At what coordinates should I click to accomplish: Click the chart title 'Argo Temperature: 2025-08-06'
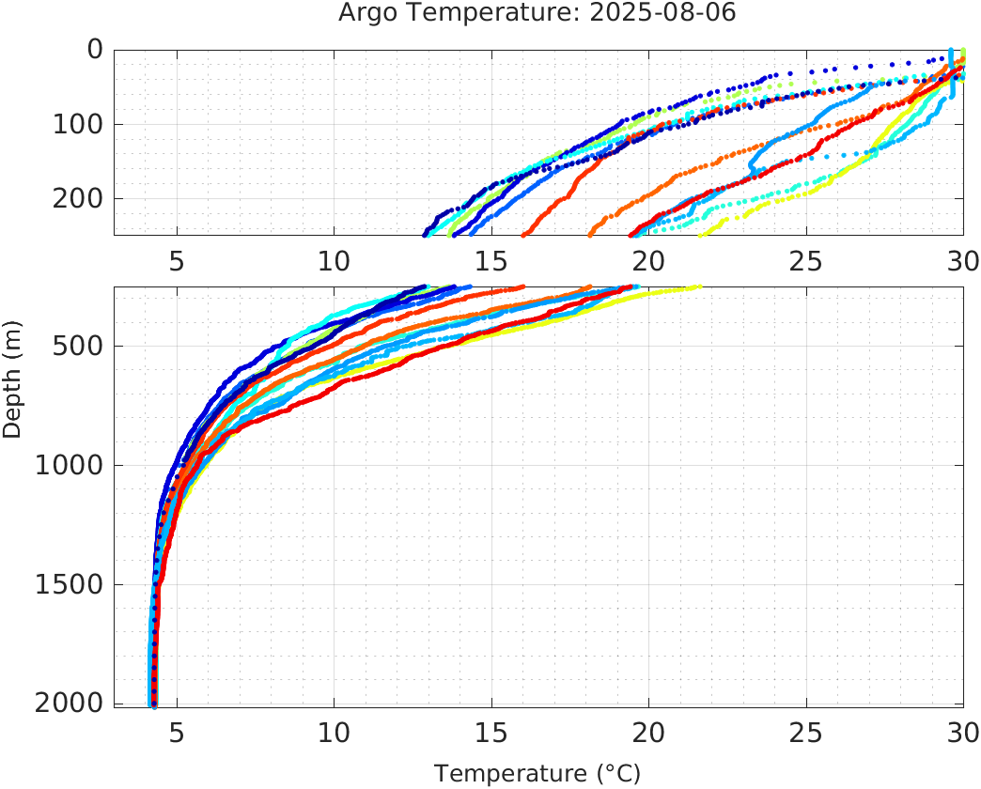(537, 14)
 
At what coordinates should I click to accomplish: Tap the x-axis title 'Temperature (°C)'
(537, 773)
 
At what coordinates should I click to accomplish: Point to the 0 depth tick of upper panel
(94, 49)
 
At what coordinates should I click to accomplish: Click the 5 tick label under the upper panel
(177, 261)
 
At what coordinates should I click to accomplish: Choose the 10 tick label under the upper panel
(334, 261)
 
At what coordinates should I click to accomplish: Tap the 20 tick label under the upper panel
(648, 261)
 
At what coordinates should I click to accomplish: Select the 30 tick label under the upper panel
(960, 261)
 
